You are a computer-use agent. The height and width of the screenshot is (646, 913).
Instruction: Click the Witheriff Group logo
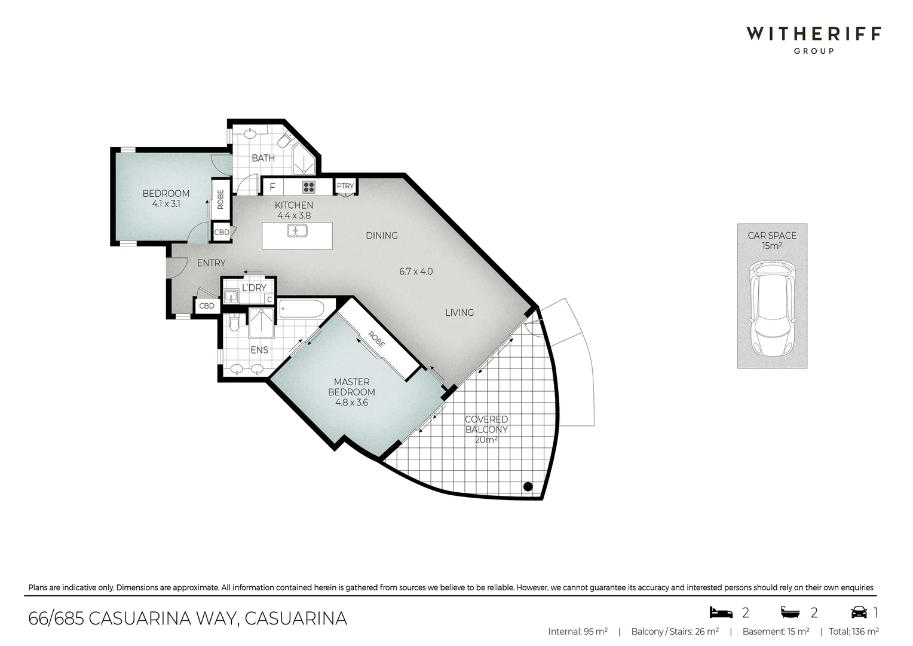813,39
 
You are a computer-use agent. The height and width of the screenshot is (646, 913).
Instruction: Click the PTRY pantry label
345,186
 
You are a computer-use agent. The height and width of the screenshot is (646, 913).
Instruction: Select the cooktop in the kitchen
308,187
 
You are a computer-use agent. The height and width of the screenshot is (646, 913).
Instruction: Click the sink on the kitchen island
297,231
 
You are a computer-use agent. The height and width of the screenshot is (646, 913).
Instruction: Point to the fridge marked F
272,187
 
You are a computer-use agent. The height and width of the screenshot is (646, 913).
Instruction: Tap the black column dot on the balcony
528,486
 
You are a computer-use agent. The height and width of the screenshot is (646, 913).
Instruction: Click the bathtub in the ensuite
302,309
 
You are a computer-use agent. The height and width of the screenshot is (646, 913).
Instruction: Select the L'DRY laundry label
254,288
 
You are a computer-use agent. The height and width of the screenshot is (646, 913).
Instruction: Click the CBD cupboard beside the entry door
207,306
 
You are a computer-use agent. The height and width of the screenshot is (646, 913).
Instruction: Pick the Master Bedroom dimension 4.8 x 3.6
351,403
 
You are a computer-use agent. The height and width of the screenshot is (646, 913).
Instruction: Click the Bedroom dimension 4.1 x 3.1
166,203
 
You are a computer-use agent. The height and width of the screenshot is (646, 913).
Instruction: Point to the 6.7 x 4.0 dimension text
416,272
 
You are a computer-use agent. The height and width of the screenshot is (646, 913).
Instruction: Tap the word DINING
382,236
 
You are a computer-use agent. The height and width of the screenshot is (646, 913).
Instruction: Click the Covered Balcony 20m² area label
486,429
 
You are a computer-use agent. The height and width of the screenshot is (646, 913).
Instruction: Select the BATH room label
263,158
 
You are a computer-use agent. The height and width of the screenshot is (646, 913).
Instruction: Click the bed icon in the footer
721,612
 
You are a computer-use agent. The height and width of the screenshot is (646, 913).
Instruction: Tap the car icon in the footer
859,612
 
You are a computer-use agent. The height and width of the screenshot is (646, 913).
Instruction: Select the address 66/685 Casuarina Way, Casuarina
188,618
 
